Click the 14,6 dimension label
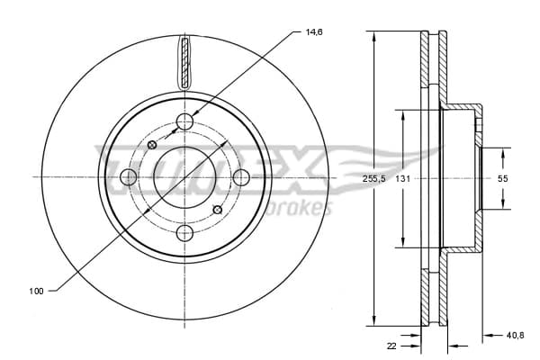pyautogui.click(x=314, y=32)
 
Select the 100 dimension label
pyautogui.click(x=36, y=291)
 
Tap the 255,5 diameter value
pyautogui.click(x=374, y=179)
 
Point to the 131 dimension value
pyautogui.click(x=402, y=179)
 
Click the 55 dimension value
pyautogui.click(x=503, y=179)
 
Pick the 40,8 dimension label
pyautogui.click(x=516, y=335)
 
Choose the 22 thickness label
pyautogui.click(x=391, y=346)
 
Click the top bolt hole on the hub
pyautogui.click(x=184, y=121)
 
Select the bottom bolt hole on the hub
pyautogui.click(x=184, y=233)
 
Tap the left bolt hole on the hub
pyautogui.click(x=129, y=177)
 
